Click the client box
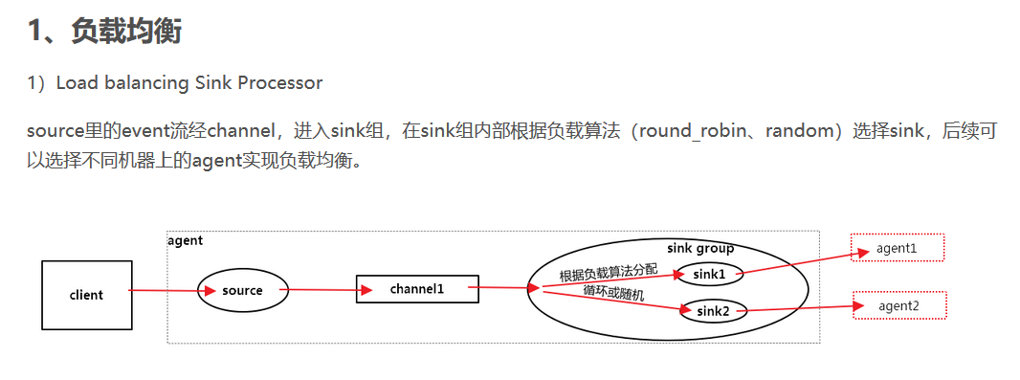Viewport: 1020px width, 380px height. point(86,294)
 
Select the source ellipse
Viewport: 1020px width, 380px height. point(242,290)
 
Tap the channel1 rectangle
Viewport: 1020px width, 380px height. point(416,288)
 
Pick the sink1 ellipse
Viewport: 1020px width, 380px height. point(709,274)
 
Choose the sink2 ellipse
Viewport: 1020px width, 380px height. point(713,310)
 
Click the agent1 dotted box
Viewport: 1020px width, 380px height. point(897,248)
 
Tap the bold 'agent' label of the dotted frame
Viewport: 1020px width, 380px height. point(185,240)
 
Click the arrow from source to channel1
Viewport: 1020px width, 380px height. point(322,289)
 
